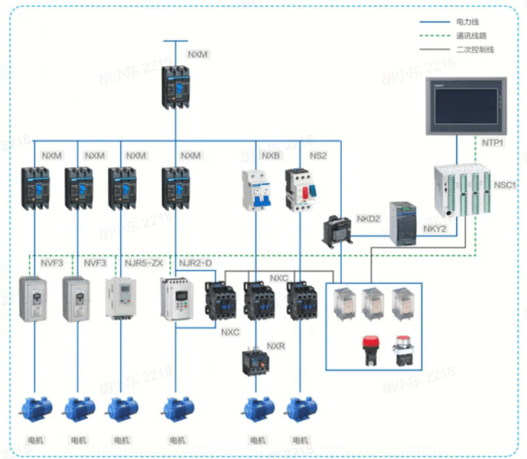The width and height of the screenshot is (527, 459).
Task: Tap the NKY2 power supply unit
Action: (x=405, y=222)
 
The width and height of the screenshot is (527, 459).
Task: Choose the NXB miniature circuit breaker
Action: (x=256, y=190)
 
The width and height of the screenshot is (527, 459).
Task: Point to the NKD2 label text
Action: (x=369, y=220)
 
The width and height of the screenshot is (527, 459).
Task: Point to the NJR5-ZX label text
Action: (x=144, y=263)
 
